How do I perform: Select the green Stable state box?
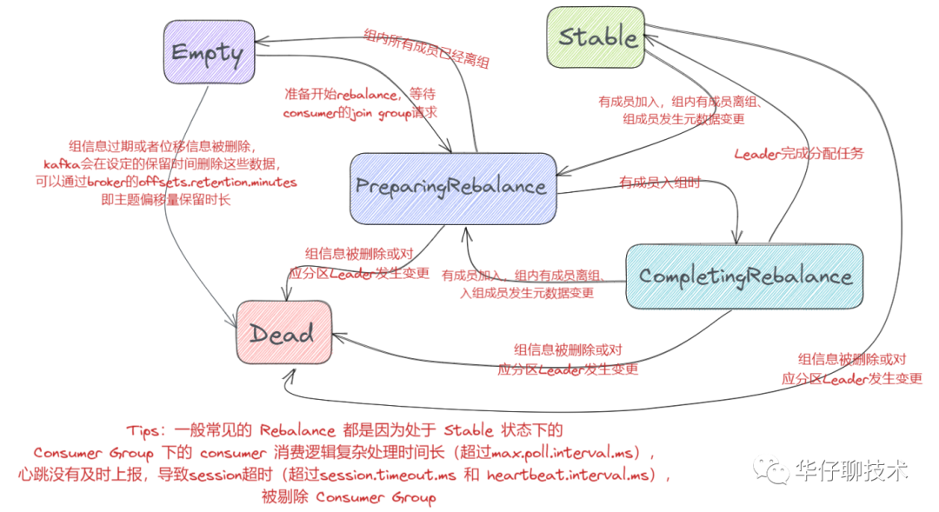click(x=596, y=37)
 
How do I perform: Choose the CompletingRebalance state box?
click(x=744, y=276)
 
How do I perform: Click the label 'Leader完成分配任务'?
click(x=799, y=154)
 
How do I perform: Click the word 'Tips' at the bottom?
click(x=143, y=430)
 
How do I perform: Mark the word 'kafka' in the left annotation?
click(x=63, y=164)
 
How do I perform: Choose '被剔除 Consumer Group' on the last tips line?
click(x=348, y=498)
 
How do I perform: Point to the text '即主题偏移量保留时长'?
click(x=165, y=200)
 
